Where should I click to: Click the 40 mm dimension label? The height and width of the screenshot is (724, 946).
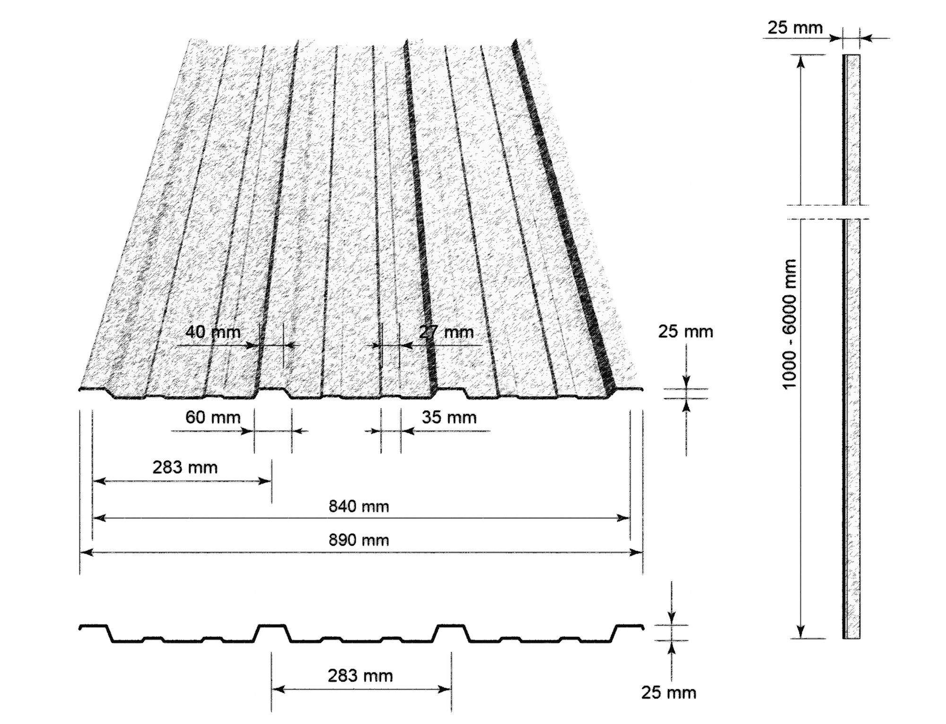(213, 332)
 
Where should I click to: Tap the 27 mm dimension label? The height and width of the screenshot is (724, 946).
(446, 332)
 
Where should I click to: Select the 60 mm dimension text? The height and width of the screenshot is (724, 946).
(213, 418)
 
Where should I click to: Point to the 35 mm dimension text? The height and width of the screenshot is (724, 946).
(449, 418)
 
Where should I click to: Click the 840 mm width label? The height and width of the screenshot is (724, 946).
(359, 507)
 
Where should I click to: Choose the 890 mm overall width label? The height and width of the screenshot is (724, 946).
(359, 540)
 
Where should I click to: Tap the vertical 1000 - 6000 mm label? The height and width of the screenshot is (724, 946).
(789, 324)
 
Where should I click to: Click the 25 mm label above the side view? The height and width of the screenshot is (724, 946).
(795, 27)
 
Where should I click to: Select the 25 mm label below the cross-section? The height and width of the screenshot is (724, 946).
(669, 693)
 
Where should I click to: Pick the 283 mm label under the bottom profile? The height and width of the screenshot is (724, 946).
(360, 676)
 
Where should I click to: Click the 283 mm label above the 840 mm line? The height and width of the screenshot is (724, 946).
(185, 468)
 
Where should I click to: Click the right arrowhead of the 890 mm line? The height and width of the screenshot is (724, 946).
(636, 552)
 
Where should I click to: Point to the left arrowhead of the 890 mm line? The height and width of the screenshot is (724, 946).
(87, 552)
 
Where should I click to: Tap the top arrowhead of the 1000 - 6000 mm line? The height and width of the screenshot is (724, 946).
(800, 62)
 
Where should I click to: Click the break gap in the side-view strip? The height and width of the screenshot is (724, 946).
(851, 212)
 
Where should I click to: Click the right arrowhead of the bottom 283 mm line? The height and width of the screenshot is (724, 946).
(445, 689)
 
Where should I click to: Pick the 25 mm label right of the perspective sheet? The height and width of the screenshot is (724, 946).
(685, 332)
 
